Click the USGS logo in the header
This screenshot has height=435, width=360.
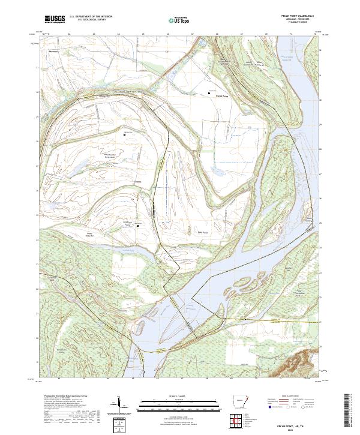click(x=55, y=19)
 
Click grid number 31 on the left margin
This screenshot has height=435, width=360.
click(x=37, y=68)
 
